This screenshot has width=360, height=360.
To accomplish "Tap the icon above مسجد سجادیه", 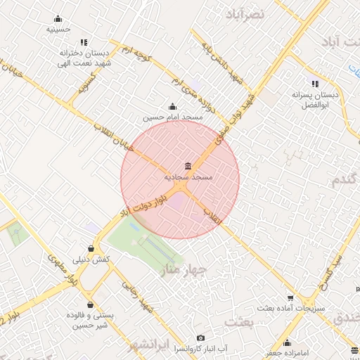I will pyautogui.click(x=188, y=167).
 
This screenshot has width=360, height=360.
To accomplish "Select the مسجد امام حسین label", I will pyautogui.click(x=173, y=117).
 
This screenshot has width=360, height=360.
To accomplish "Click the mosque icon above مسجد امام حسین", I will pyautogui.click(x=173, y=106).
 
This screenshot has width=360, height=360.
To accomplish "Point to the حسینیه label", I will pyautogui.click(x=58, y=30).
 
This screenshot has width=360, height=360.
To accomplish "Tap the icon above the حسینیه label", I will pyautogui.click(x=58, y=19).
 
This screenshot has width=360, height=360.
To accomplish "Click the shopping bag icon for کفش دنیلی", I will pyautogui.click(x=91, y=248).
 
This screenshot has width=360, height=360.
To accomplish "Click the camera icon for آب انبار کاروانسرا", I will pyautogui.click(x=200, y=338).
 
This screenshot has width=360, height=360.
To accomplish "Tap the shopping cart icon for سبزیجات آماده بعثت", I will pyautogui.click(x=289, y=298).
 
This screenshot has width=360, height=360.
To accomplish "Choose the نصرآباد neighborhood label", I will pyautogui.click(x=245, y=13).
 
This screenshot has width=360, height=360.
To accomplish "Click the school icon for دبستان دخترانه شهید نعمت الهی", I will pyautogui.click(x=84, y=42).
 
